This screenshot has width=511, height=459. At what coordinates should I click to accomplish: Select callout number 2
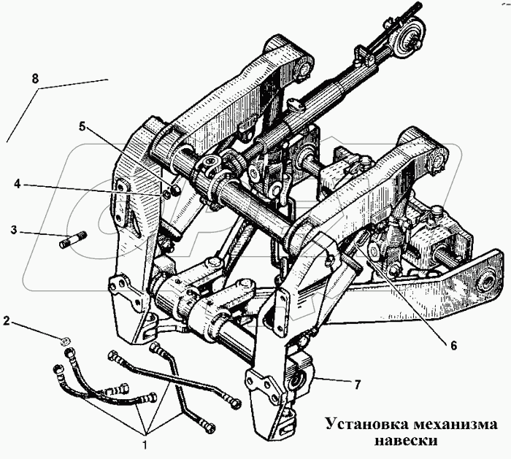tap(7, 321)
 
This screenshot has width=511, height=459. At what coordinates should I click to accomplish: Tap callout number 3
tap(13, 230)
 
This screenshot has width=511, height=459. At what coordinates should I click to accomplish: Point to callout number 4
tap(17, 184)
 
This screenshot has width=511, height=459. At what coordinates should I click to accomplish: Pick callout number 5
tap(82, 126)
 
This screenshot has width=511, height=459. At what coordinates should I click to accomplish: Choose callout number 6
tap(453, 345)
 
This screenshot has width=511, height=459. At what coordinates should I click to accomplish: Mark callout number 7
tap(358, 385)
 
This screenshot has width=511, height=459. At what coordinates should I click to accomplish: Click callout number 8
tap(35, 79)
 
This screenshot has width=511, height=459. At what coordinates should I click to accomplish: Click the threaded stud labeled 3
tap(73, 239)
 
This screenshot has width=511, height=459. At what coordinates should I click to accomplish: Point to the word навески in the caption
tap(406, 441)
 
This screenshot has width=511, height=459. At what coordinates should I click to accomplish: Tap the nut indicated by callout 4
tap(166, 195)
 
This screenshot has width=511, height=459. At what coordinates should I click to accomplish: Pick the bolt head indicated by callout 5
tap(174, 189)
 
